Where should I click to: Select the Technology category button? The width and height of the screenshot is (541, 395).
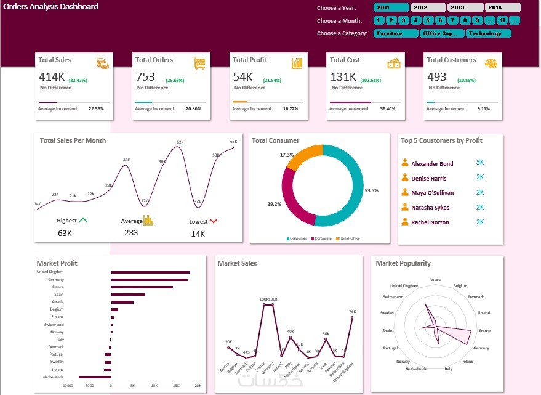click(489, 33)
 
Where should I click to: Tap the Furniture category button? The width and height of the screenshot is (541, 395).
click(396, 33)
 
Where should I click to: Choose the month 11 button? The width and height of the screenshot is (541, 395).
click(503, 21)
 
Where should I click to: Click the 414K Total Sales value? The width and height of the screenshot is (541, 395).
click(52, 77)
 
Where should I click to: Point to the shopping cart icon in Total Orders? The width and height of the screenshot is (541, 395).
click(199, 63)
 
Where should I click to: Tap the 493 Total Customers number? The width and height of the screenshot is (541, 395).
click(436, 77)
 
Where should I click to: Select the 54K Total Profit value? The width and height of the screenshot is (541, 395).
click(242, 77)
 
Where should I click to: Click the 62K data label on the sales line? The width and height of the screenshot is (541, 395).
click(180, 142)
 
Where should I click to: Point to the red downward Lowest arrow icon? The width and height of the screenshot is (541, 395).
click(214, 220)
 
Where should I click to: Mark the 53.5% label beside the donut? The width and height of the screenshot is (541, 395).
click(371, 191)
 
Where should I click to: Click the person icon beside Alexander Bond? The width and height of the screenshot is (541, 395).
click(405, 163)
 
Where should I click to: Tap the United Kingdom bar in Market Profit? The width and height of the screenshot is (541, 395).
click(150, 272)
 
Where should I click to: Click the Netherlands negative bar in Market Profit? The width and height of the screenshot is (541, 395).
click(94, 377)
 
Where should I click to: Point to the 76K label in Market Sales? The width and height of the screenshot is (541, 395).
click(352, 312)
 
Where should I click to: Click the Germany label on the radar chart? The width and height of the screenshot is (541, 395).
click(481, 348)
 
